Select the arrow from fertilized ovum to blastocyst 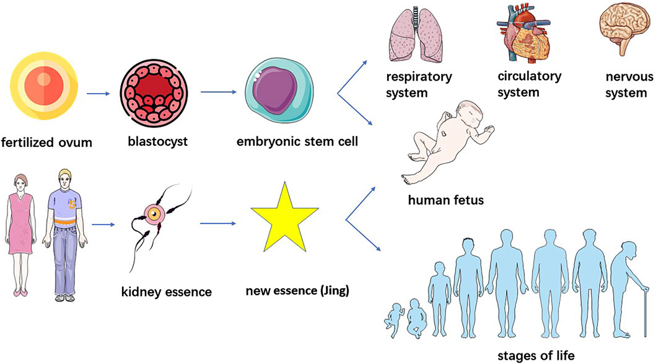tap(98, 94)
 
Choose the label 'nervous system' tap(628, 85)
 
